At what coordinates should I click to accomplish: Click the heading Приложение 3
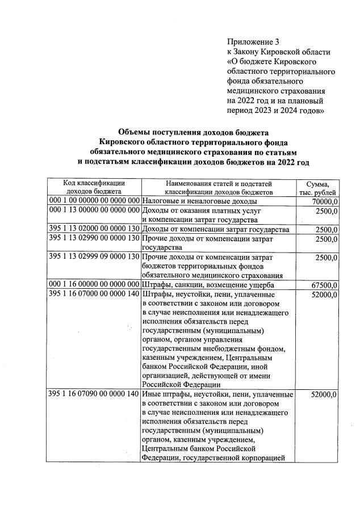click(x=253, y=42)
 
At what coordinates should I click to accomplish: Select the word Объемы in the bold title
click(x=136, y=132)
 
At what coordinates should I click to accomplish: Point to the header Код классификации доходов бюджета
click(x=94, y=188)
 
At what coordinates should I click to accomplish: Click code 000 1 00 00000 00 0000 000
click(x=94, y=201)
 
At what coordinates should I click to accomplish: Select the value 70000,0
click(x=326, y=201)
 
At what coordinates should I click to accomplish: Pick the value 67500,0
click(x=326, y=284)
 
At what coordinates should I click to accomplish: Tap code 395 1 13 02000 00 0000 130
click(x=94, y=229)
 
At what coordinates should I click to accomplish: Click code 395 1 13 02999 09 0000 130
click(x=94, y=257)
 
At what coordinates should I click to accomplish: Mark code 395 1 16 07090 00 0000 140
click(x=94, y=394)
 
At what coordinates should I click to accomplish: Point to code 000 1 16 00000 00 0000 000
click(x=94, y=284)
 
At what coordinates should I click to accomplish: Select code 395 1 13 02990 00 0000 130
click(x=94, y=239)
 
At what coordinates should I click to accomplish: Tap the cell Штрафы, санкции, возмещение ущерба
click(x=208, y=284)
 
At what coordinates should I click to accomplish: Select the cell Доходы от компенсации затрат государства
click(x=216, y=229)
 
